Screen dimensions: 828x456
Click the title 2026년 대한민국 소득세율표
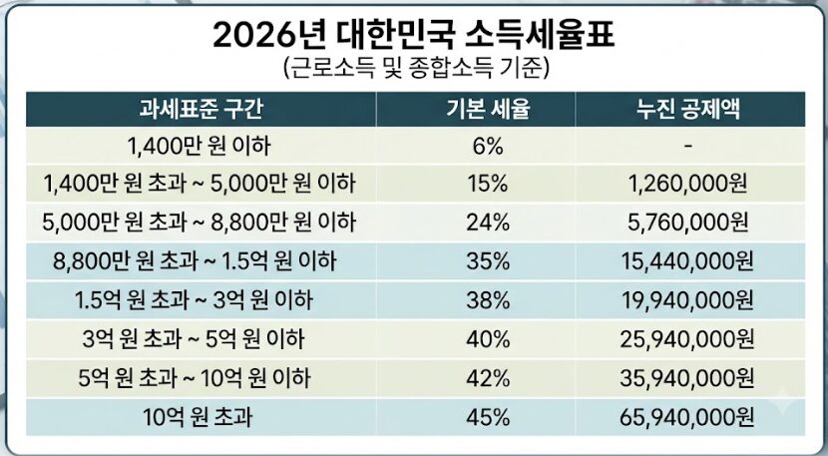click(413, 35)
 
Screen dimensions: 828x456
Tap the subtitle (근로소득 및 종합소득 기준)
click(416, 69)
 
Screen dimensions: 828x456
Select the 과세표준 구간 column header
click(201, 110)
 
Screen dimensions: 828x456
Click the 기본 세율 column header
click(488, 110)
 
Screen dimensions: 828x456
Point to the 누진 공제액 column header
click(687, 110)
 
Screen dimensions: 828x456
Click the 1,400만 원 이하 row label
click(200, 146)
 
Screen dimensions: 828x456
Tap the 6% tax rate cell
click(488, 147)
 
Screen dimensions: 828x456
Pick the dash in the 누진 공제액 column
click(687, 147)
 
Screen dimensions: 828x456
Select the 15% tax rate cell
click(488, 185)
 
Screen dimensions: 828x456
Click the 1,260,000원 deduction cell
click(687, 185)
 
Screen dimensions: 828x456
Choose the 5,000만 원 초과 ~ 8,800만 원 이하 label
click(200, 223)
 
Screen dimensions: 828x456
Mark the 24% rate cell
click(488, 223)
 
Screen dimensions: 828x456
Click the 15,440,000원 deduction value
click(687, 261)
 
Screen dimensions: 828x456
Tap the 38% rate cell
click(488, 300)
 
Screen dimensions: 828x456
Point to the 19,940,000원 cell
click(687, 300)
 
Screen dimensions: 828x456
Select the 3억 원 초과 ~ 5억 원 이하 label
click(194, 339)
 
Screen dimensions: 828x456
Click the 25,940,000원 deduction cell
click(687, 339)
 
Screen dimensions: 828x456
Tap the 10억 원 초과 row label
click(198, 417)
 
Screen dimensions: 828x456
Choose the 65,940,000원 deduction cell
click(687, 418)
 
